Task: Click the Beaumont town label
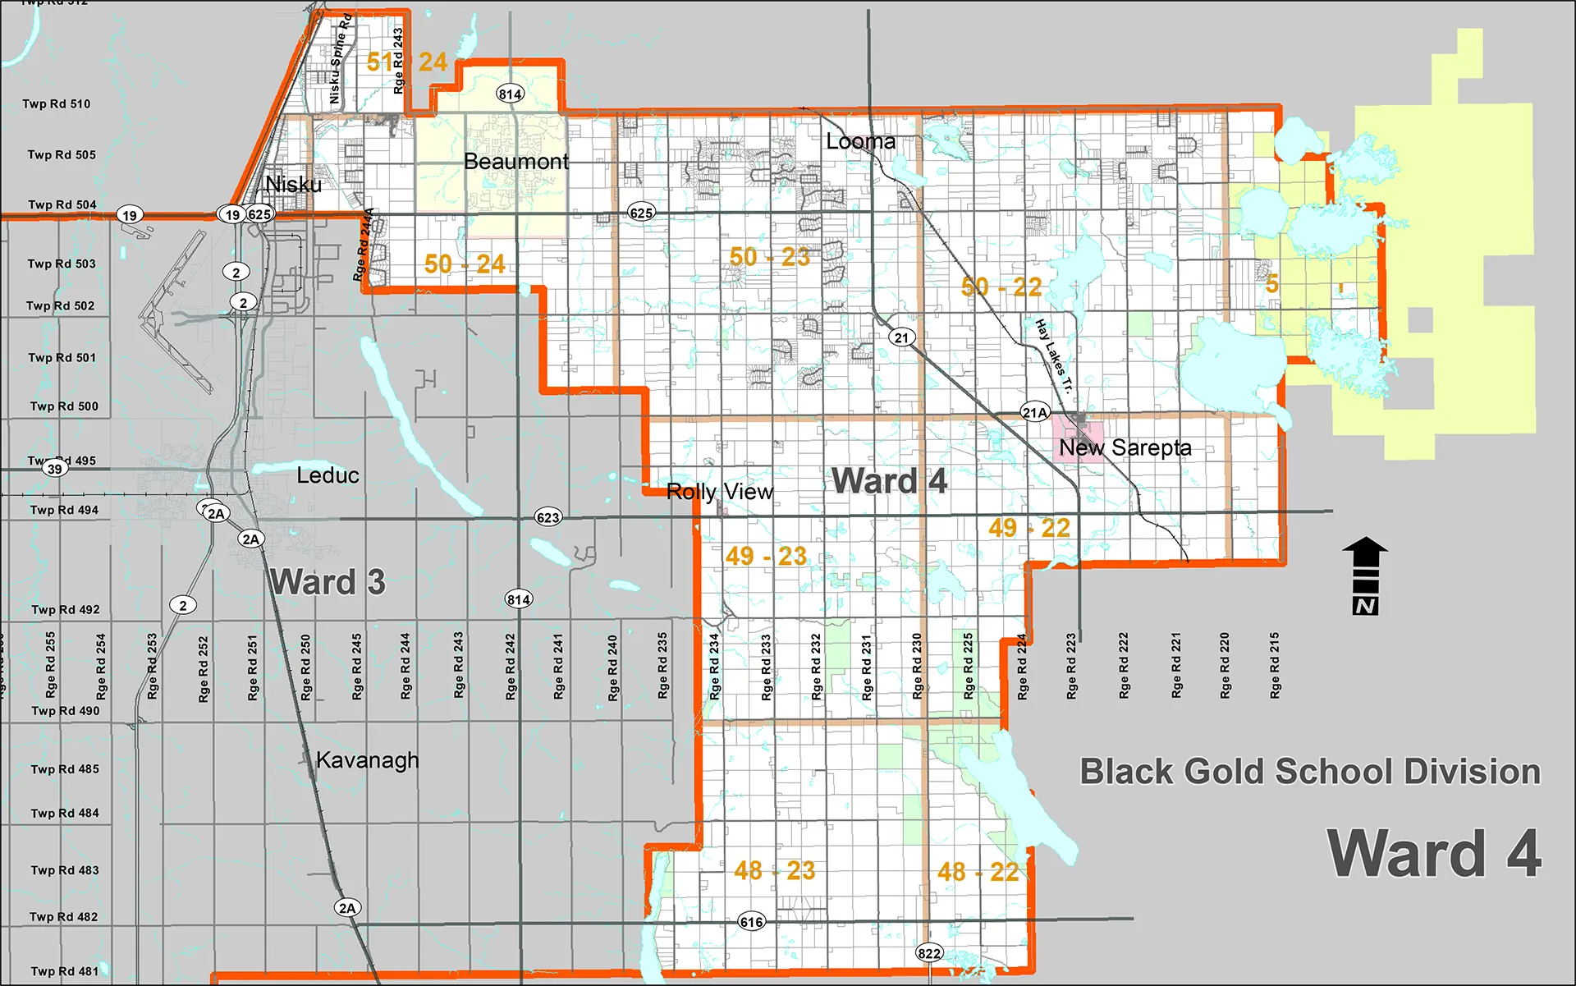coord(515,162)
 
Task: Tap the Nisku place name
coord(293,185)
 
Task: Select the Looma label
coord(860,142)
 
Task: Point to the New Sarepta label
coord(1125,448)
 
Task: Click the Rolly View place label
coord(719,492)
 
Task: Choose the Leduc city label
coord(328,475)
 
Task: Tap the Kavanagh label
coord(367,760)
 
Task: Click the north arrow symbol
coord(1365,575)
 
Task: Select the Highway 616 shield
coord(751,922)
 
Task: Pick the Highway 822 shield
coord(929,953)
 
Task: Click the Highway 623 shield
coord(547,517)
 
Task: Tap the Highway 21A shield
coord(1034,413)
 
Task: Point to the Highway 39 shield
coord(54,469)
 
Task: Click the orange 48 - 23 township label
coord(774,870)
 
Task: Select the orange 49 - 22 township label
coord(1029,528)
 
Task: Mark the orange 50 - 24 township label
coord(464,264)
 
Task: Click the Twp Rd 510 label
coord(57,104)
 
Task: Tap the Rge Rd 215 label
coord(1274,665)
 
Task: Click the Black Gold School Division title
coord(1309,772)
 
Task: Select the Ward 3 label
coord(328,582)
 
